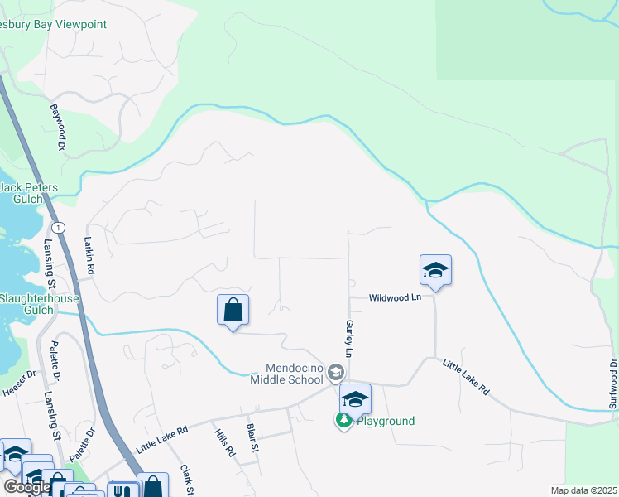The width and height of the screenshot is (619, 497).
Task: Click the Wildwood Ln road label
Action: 396,297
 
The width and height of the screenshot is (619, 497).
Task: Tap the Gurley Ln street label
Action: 350,339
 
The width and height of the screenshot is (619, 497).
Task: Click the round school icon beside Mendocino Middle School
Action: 335,372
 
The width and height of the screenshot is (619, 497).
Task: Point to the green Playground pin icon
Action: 343,421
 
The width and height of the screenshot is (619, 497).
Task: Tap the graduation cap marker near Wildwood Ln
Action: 435,270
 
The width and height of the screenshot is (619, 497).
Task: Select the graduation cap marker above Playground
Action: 354,399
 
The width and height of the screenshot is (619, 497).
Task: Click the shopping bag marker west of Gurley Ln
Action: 233,311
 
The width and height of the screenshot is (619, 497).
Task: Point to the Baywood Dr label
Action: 57,127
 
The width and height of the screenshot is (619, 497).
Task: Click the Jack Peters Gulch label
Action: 29,193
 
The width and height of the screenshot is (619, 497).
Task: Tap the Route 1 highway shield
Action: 58,227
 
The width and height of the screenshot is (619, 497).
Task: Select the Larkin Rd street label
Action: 89,257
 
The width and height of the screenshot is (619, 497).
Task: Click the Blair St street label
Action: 252,438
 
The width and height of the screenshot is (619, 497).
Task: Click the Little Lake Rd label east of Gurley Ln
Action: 466,376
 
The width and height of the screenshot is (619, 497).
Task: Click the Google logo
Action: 27,487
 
